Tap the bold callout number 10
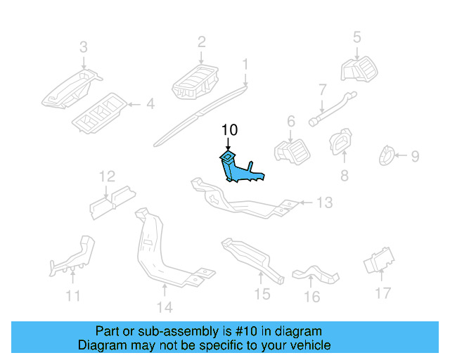(230, 130)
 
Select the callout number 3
(84, 47)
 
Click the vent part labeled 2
(195, 82)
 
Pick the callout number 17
(383, 293)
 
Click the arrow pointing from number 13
(306, 202)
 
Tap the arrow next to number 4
(134, 105)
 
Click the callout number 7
(323, 89)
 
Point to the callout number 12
(107, 176)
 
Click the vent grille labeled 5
(359, 69)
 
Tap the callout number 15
(262, 295)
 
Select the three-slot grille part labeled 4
(99, 113)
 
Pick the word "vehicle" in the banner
(314, 345)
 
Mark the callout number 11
(73, 296)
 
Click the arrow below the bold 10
(228, 144)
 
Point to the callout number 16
(312, 297)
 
